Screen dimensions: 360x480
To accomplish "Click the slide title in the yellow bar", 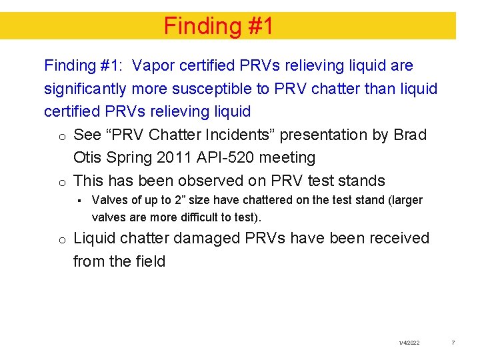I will point(219,26).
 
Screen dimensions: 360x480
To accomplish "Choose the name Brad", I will point(410,135).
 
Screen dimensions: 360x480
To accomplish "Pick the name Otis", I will point(88,157).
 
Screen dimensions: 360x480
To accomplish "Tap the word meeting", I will point(289,157).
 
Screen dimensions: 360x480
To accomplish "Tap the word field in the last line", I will point(150,261).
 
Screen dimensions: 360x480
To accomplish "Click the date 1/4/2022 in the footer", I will point(409,343).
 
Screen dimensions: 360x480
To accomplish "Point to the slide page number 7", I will point(453,343).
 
